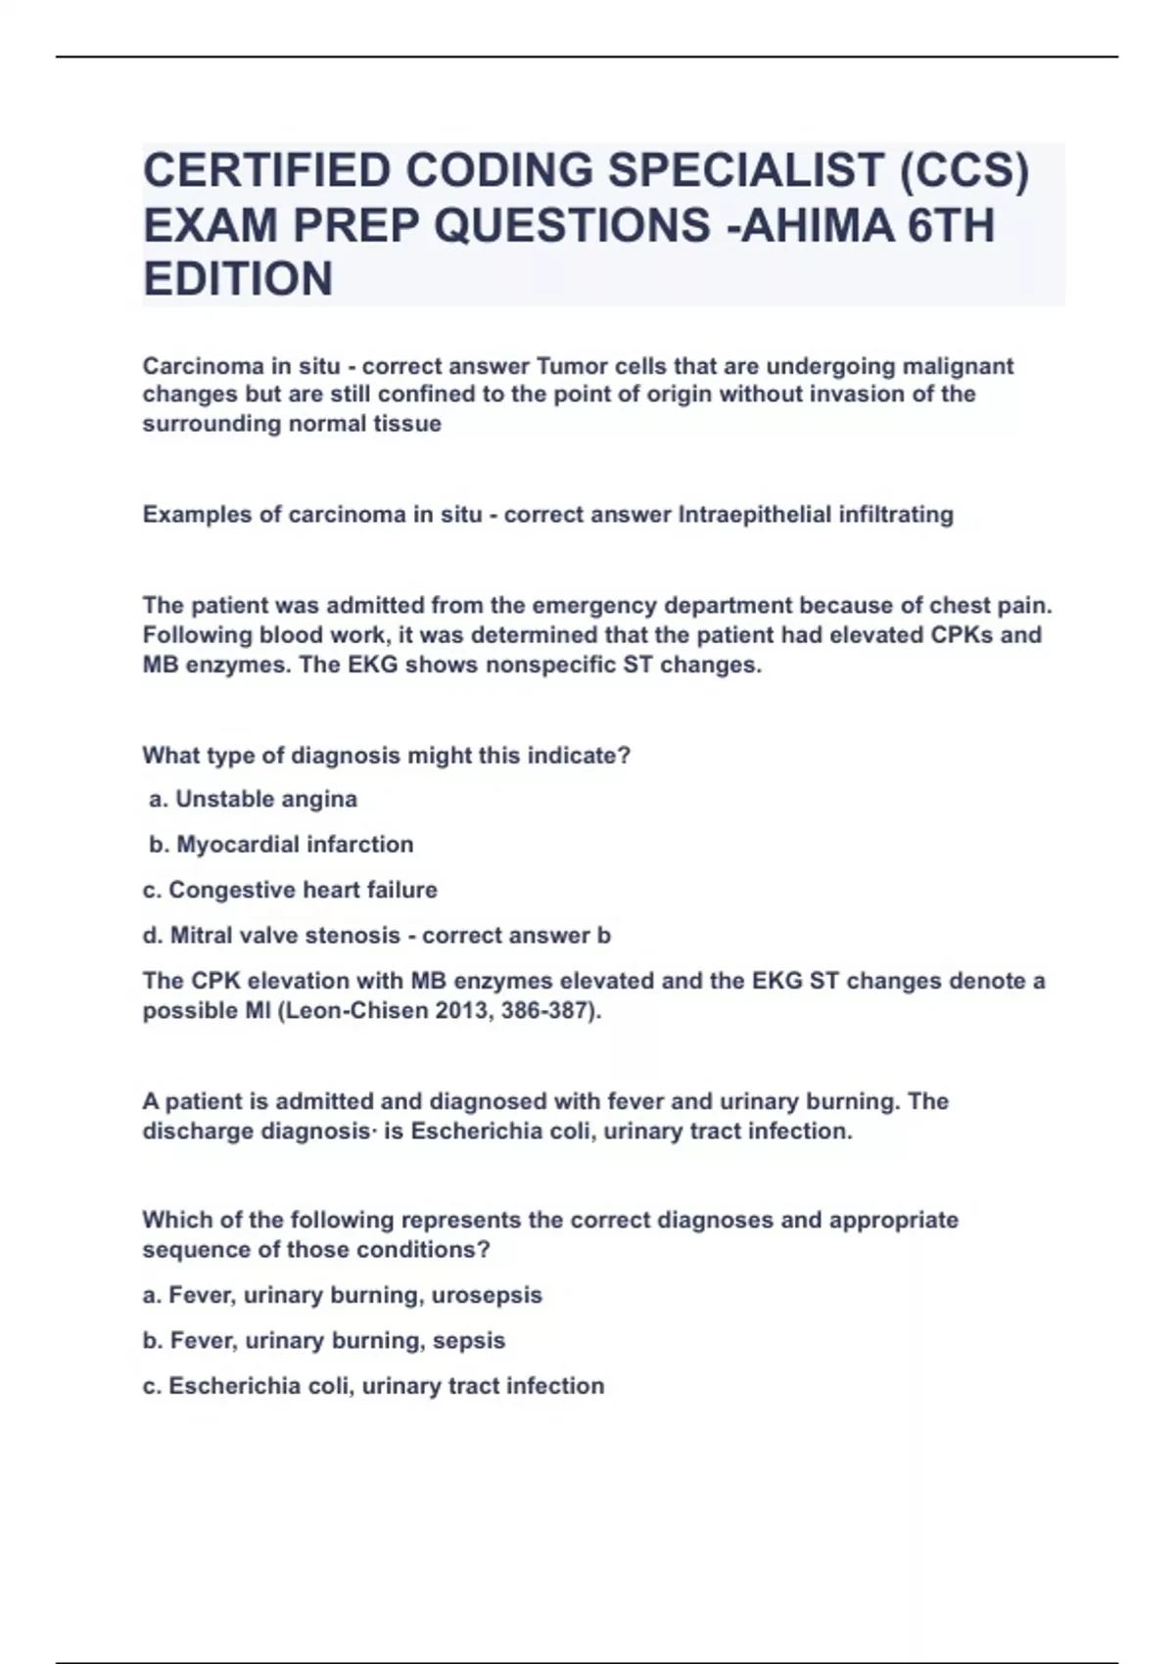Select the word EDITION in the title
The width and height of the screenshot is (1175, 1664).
[238, 280]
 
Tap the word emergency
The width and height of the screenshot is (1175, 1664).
[600, 605]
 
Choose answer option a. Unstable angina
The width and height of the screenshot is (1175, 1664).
[253, 800]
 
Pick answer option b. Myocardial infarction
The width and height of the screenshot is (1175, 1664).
[281, 845]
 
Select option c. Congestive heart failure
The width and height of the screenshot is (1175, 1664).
[290, 890]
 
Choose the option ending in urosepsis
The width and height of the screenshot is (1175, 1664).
[342, 1295]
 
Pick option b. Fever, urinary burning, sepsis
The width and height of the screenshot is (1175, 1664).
[324, 1340]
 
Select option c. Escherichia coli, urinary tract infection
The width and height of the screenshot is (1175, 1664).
[373, 1386]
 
